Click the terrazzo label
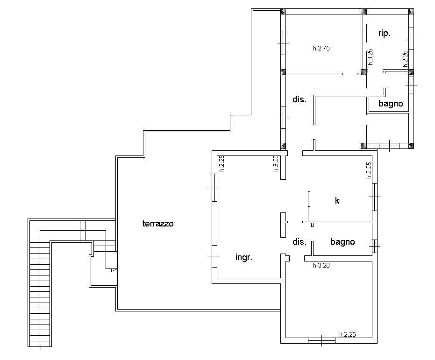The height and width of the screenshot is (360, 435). pos(158,223)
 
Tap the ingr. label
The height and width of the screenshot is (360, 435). pos(244,257)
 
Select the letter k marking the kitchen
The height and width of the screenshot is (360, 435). pos(337,200)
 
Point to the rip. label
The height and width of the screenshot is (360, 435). pos(385,34)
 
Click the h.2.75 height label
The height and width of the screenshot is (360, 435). pos(321,48)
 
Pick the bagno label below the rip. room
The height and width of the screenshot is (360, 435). pos(391,104)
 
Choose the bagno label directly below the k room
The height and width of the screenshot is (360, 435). pos(342,242)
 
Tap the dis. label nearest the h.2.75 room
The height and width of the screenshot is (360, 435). pos(300,99)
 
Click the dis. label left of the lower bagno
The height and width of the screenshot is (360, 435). pos(300,242)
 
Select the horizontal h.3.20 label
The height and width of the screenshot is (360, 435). pos(321,266)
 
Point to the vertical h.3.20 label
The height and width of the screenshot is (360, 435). pos(276,163)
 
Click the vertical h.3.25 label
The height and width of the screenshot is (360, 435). pos(370,57)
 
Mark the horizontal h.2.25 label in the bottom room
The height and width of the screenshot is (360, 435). pos(347,334)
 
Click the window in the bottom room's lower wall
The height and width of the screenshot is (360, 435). pos(321,340)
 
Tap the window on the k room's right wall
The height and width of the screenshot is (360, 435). pos(375,197)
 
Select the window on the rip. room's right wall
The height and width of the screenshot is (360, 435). pos(411,39)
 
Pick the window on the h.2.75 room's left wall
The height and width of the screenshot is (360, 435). pos(283,43)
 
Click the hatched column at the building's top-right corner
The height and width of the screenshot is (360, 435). pos(411,11)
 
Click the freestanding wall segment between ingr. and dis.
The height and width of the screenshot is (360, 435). pos(283,225)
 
